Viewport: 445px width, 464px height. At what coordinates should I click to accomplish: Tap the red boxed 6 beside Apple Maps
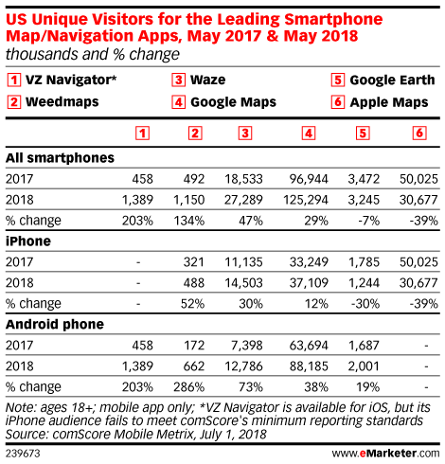click(338, 102)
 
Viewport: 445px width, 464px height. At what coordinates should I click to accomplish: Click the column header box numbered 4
click(309, 134)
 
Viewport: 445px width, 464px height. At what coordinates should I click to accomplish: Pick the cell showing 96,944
click(309, 179)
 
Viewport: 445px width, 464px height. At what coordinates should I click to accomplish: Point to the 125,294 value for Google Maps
click(306, 200)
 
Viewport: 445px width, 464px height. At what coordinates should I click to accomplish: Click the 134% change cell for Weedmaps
click(189, 221)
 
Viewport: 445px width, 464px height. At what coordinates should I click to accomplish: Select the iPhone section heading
click(28, 241)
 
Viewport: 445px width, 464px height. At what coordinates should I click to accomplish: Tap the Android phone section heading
click(55, 325)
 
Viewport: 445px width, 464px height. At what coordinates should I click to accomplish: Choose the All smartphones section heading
click(60, 158)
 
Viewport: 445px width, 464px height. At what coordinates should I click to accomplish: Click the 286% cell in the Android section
click(189, 387)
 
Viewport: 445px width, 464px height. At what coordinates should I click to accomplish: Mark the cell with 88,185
click(309, 366)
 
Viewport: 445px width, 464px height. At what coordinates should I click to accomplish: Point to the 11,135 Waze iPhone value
click(243, 262)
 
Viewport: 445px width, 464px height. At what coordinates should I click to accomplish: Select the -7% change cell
click(368, 221)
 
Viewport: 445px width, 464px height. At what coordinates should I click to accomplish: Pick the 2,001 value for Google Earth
click(364, 366)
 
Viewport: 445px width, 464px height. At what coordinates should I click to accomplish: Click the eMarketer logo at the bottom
click(385, 454)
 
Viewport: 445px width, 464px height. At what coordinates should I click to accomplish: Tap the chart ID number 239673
click(23, 454)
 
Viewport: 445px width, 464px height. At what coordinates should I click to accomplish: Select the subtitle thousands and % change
click(93, 54)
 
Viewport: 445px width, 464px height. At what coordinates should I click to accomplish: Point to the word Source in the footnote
click(27, 435)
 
